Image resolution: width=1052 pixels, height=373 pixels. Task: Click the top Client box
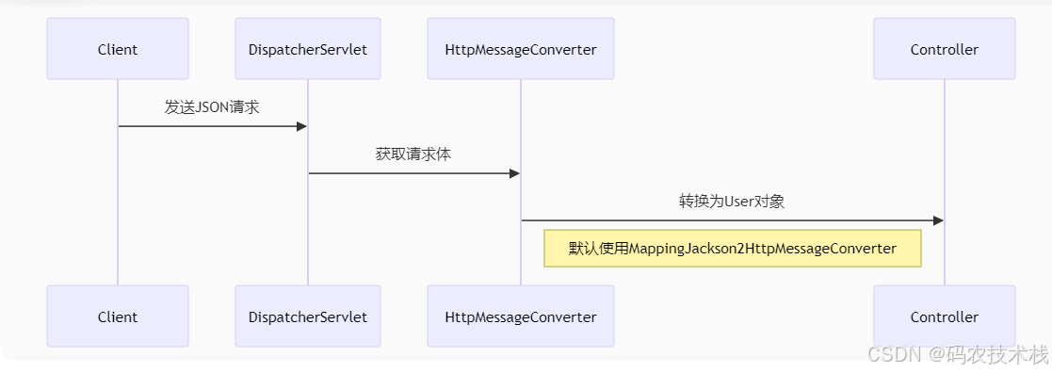click(118, 49)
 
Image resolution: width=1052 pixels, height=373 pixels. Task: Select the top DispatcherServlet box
click(308, 49)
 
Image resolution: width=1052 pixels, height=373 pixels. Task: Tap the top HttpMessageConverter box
click(520, 49)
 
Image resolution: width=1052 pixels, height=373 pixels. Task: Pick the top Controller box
click(944, 49)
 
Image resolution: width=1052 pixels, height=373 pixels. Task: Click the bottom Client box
click(118, 316)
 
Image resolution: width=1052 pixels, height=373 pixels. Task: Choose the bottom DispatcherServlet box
click(308, 316)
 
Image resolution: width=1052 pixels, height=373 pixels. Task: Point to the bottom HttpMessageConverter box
click(520, 316)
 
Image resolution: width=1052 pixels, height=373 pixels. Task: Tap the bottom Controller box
click(944, 316)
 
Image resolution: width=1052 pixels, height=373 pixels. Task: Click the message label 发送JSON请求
click(212, 106)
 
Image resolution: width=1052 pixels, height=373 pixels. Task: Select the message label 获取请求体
click(413, 154)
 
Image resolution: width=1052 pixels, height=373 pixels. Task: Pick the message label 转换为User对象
click(732, 201)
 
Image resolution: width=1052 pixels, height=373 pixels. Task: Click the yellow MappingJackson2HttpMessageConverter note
click(732, 249)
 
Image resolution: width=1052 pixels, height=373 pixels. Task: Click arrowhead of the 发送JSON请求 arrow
click(302, 126)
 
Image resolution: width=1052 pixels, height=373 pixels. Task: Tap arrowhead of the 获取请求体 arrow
click(514, 173)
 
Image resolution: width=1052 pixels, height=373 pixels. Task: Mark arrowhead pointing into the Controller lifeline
click(938, 220)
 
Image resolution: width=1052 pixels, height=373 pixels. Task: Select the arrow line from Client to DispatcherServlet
click(207, 126)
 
